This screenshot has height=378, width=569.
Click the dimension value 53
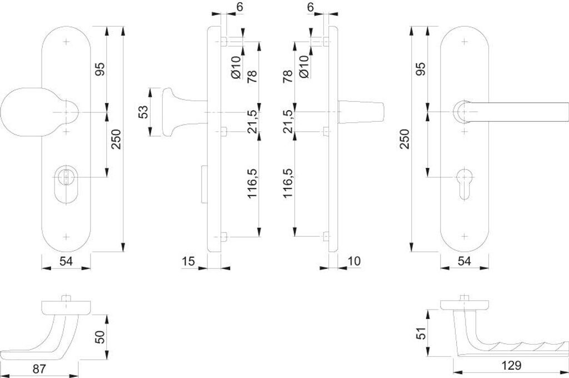coord(143,112)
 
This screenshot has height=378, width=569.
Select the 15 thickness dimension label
coord(189,261)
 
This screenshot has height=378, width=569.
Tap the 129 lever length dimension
coord(511,365)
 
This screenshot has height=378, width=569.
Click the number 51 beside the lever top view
coord(422,334)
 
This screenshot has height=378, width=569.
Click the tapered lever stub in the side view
coord(361,112)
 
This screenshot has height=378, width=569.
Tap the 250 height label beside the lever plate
coord(405,139)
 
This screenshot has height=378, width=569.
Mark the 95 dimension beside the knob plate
coord(101,68)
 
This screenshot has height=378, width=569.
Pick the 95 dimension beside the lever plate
coord(421,68)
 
